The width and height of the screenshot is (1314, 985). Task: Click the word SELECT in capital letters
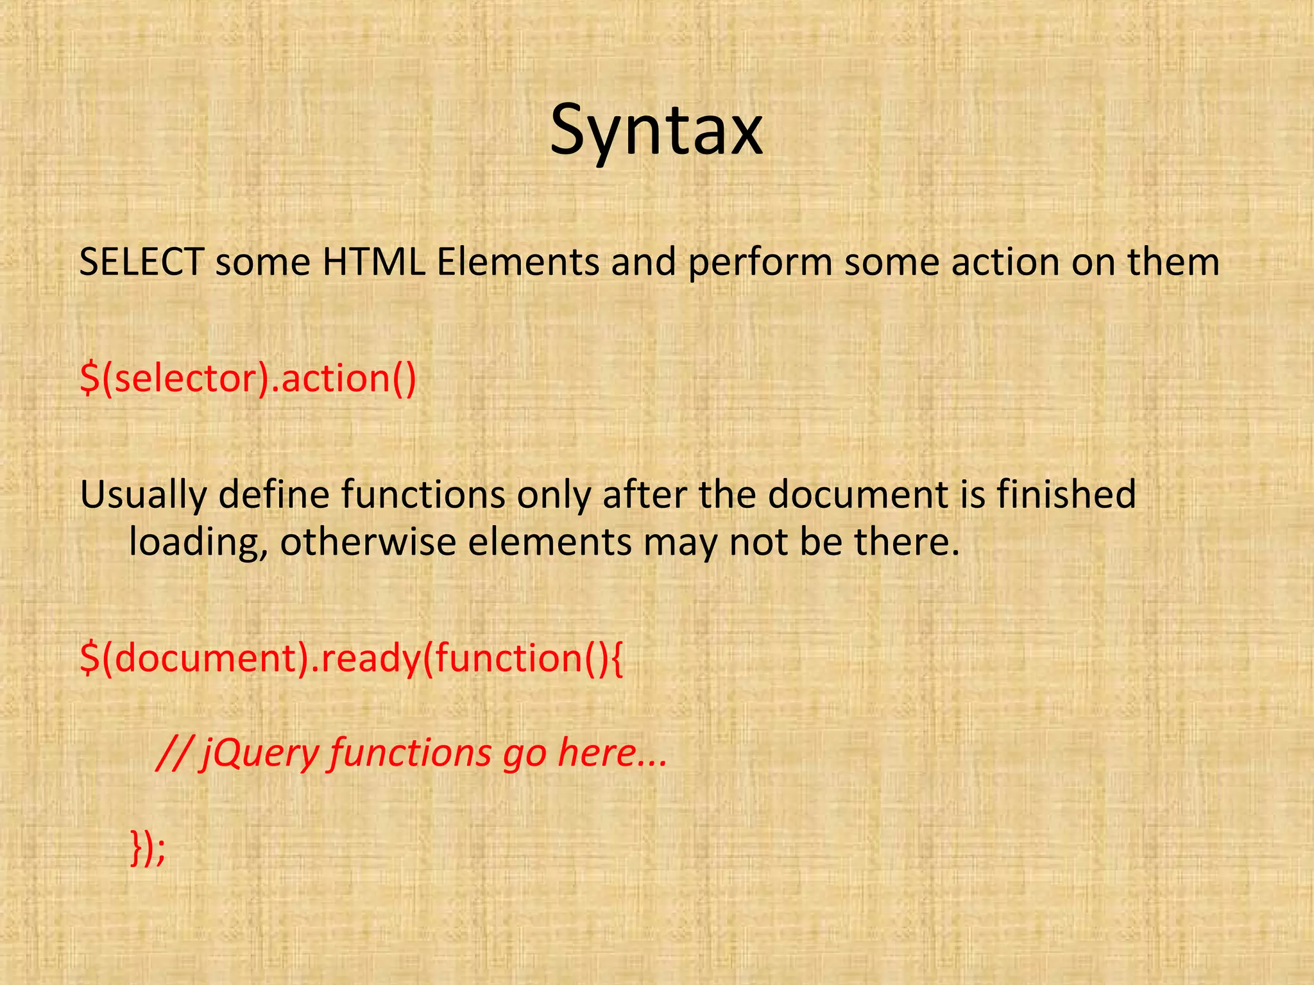(141, 263)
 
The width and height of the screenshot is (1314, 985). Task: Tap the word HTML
(373, 263)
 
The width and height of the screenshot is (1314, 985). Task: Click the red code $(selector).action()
(248, 379)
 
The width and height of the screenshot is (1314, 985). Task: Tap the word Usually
(143, 496)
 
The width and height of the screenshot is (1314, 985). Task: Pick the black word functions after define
(422, 494)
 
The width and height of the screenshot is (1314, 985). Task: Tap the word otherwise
(368, 542)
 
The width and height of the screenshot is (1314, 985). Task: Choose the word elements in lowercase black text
(550, 542)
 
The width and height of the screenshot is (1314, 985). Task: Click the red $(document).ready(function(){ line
(351, 659)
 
